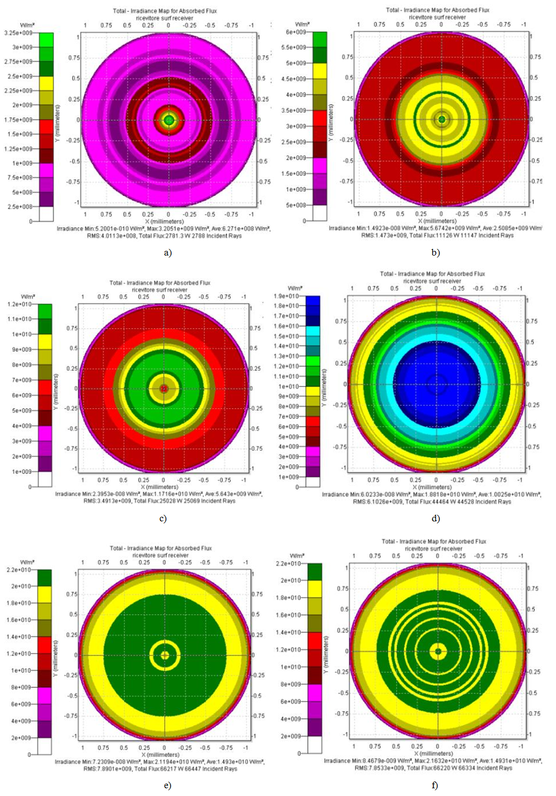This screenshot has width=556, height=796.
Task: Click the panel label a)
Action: [x=168, y=252]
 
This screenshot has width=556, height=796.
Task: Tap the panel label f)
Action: [x=435, y=785]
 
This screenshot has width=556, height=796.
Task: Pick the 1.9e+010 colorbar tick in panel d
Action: [x=286, y=296]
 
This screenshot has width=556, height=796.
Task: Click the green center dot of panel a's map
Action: [x=169, y=120]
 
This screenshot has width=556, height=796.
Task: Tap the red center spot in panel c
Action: [x=164, y=388]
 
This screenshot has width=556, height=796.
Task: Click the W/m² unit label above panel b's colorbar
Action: [x=302, y=24]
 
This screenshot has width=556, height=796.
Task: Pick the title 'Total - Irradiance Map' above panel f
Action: [x=434, y=541]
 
